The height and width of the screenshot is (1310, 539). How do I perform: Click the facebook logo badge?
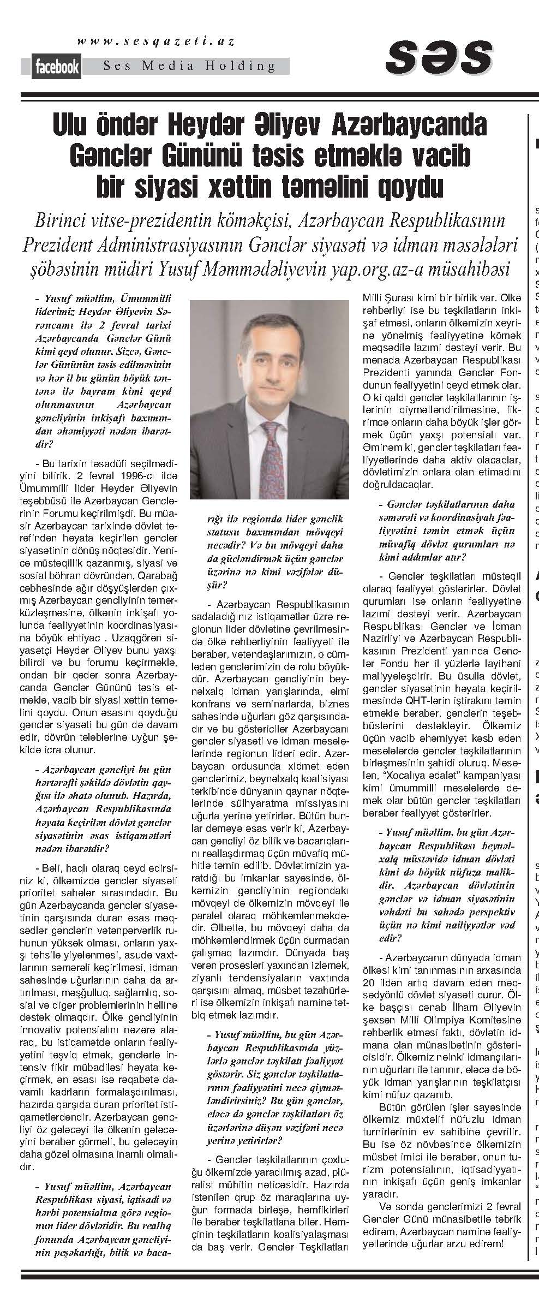pyautogui.click(x=57, y=67)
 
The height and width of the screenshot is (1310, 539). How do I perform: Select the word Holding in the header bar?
pyautogui.click(x=248, y=67)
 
